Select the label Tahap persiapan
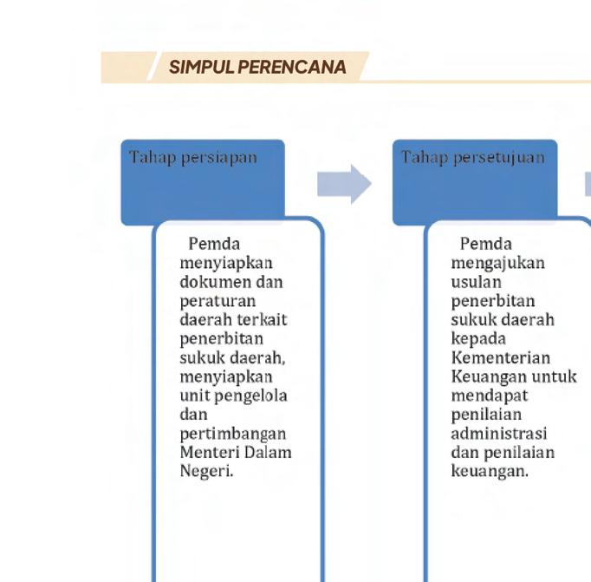[x=193, y=157]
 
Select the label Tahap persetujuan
[x=472, y=157]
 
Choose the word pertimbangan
[x=232, y=434]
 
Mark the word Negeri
[x=206, y=472]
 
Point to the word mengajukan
[x=497, y=263]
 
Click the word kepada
[x=478, y=339]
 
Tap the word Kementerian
[x=500, y=358]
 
